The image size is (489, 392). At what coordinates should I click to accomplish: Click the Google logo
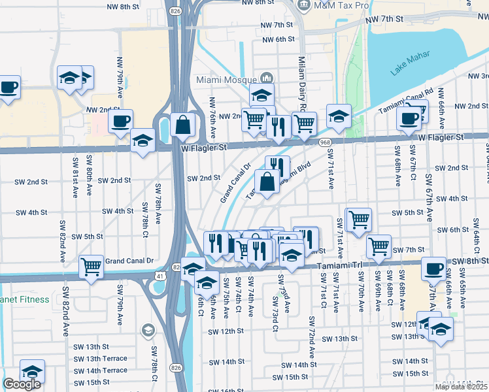pyautogui.click(x=22, y=384)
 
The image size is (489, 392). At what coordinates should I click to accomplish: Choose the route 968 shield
pyautogui.click(x=325, y=142)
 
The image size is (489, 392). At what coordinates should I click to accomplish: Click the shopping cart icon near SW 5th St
pyautogui.click(x=359, y=219)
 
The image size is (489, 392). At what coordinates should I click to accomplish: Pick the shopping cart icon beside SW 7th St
pyautogui.click(x=379, y=246)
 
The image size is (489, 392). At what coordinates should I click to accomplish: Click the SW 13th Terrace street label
pyautogui.click(x=101, y=359)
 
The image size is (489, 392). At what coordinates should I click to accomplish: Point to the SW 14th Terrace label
pyautogui.click(x=101, y=370)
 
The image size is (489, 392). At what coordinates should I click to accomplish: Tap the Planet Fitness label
pyautogui.click(x=24, y=300)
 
